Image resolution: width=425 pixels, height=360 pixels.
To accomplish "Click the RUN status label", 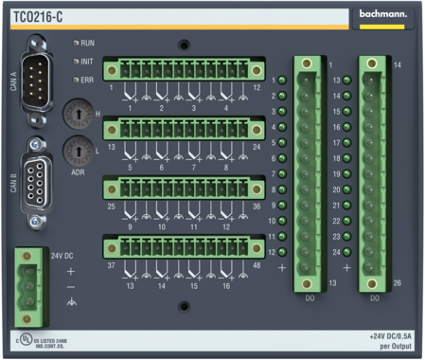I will [87, 44].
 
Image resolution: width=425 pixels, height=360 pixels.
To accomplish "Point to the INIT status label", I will [87, 62].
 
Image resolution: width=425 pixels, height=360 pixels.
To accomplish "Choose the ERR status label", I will [87, 80].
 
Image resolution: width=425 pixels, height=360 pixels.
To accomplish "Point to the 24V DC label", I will [62, 255].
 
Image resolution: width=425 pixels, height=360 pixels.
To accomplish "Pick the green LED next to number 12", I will [282, 251].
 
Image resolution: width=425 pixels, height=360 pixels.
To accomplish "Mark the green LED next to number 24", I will [348, 251].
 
